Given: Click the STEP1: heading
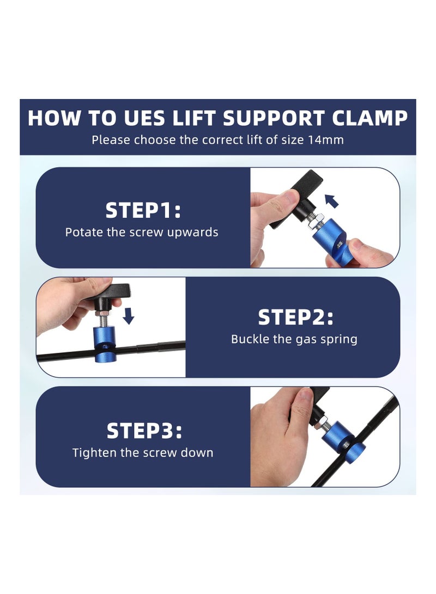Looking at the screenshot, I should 143,210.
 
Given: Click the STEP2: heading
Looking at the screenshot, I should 295,317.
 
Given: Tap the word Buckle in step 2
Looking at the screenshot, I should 250,339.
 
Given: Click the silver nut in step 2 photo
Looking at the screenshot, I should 101,314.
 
